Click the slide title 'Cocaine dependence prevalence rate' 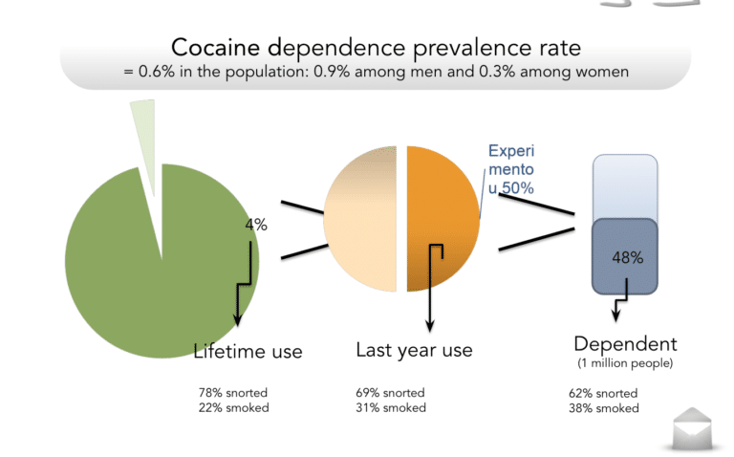pyautogui.click(x=376, y=48)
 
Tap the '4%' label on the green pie pyautogui.click(x=256, y=225)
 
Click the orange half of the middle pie pyautogui.click(x=443, y=219)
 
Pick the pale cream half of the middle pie pyautogui.click(x=360, y=219)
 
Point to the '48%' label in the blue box pyautogui.click(x=628, y=257)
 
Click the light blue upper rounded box pyautogui.click(x=625, y=186)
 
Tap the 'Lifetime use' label pyautogui.click(x=248, y=351)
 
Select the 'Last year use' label pyautogui.click(x=414, y=350)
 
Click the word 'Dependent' pyautogui.click(x=625, y=344)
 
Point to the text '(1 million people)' pyautogui.click(x=625, y=363)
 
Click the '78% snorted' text pyautogui.click(x=233, y=392)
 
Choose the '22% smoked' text pyautogui.click(x=233, y=408)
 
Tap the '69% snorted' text pyautogui.click(x=390, y=392)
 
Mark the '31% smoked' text pyautogui.click(x=391, y=408)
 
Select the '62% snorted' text pyautogui.click(x=603, y=393)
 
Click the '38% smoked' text pyautogui.click(x=604, y=408)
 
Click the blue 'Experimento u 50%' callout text pyautogui.click(x=511, y=169)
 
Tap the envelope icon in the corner pyautogui.click(x=692, y=428)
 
